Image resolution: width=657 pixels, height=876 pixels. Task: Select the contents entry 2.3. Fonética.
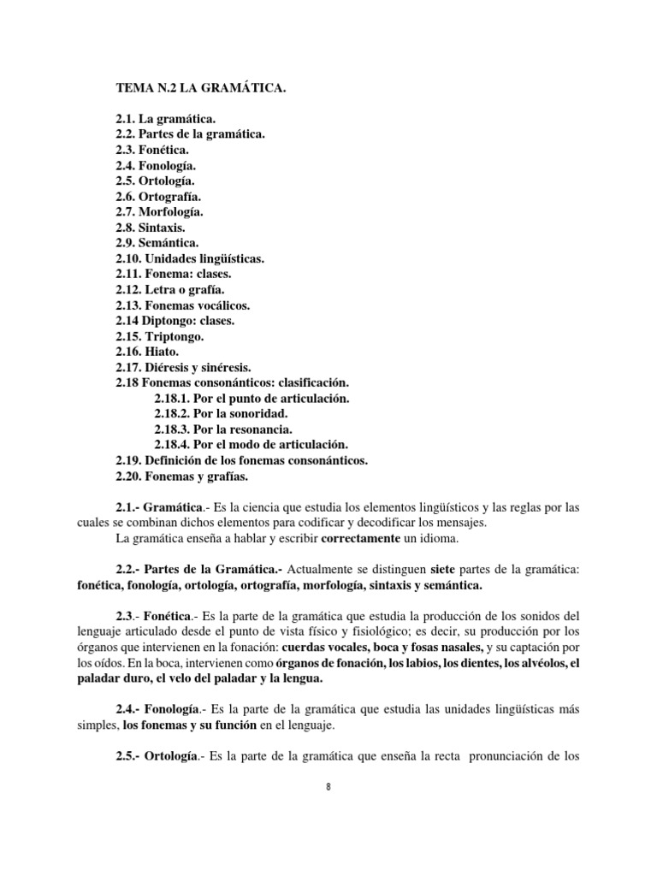pyautogui.click(x=152, y=151)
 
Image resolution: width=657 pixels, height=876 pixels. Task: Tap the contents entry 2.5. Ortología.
pyautogui.click(x=156, y=181)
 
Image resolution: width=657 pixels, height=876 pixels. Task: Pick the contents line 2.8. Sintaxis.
pyautogui.click(x=150, y=228)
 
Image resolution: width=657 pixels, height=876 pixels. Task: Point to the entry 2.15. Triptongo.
pyautogui.click(x=159, y=336)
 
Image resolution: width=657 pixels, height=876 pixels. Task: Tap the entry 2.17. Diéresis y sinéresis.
pyautogui.click(x=184, y=367)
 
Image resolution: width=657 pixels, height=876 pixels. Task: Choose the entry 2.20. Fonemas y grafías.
pyautogui.click(x=181, y=476)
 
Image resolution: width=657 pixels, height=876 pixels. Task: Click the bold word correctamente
pyautogui.click(x=361, y=538)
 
